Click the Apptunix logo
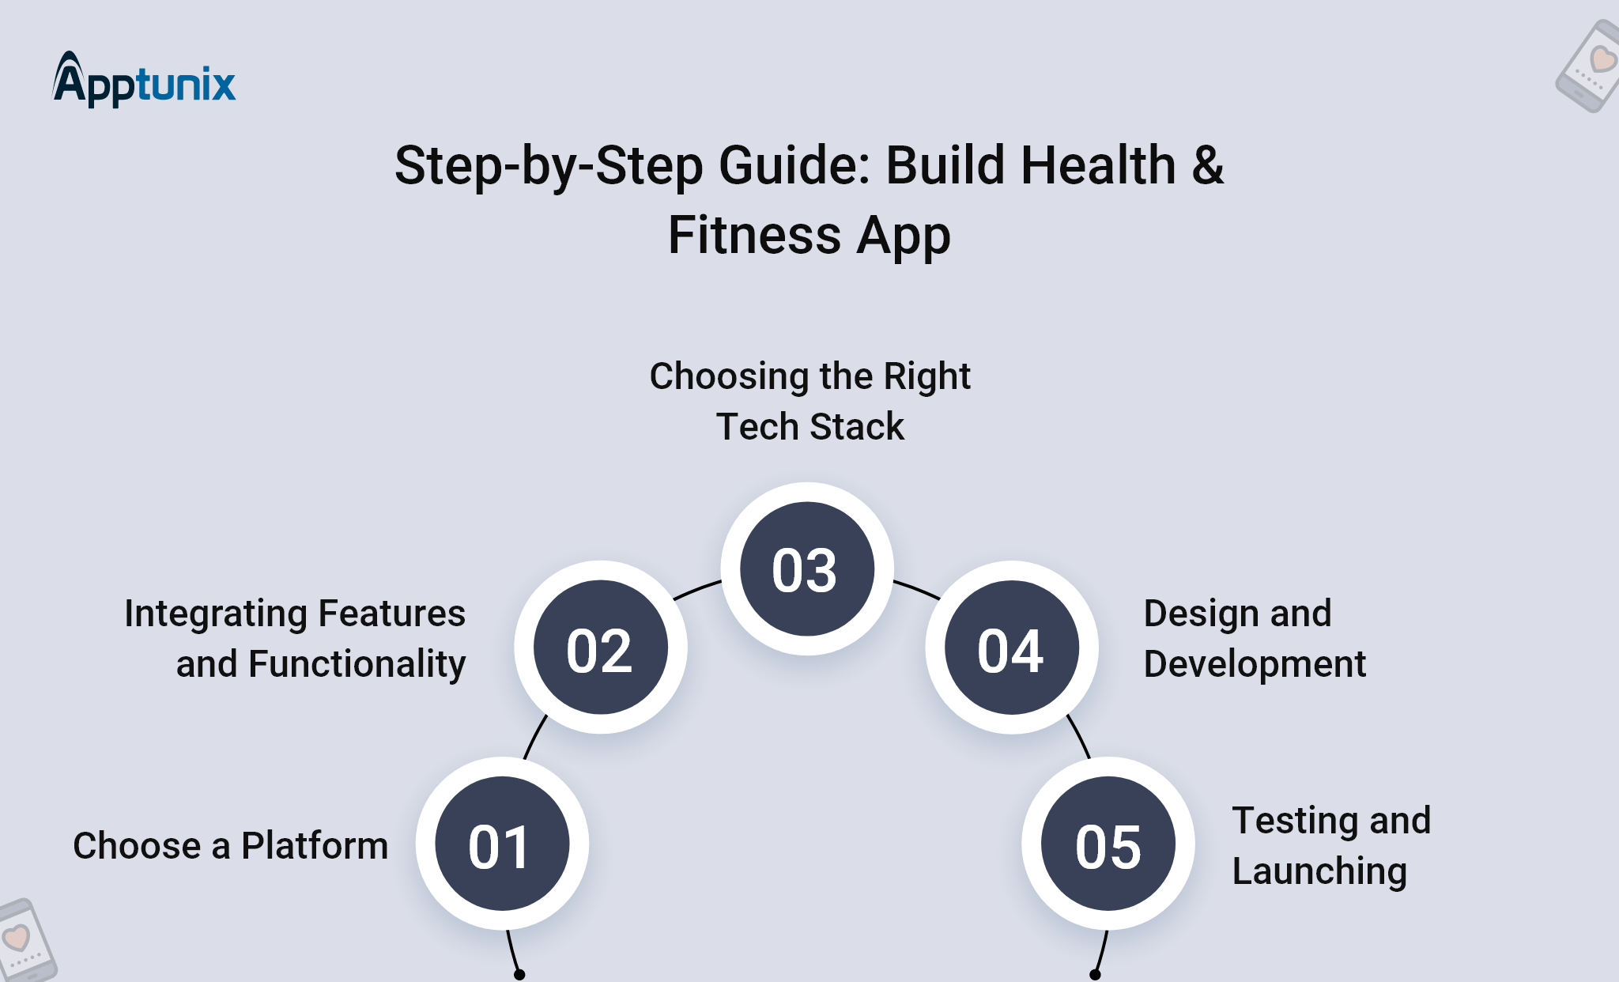click(x=144, y=80)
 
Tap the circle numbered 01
click(x=502, y=844)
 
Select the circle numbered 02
click(x=601, y=648)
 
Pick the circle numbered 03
click(x=806, y=568)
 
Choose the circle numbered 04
click(x=1012, y=648)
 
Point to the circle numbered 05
click(x=1108, y=844)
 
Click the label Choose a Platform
click(x=231, y=845)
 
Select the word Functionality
click(x=357, y=664)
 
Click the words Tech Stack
click(x=809, y=427)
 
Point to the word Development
click(x=1255, y=664)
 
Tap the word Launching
click(x=1319, y=871)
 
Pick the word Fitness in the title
click(x=754, y=236)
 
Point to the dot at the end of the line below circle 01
click(x=519, y=975)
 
